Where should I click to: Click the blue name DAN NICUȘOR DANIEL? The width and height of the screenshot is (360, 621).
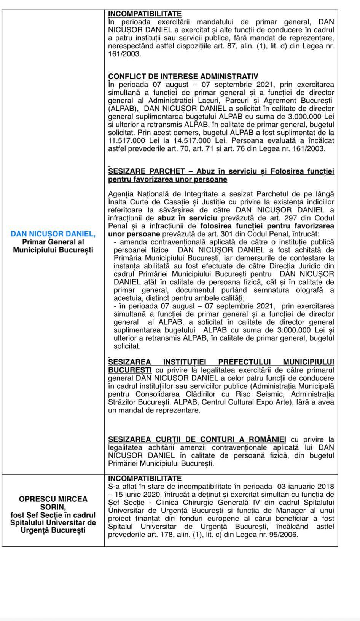tap(53, 234)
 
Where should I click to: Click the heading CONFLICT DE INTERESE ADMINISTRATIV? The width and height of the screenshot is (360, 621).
tap(183, 77)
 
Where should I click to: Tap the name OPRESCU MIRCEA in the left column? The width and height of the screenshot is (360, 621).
tap(53, 499)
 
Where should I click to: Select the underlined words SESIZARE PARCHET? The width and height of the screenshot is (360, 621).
tap(147, 171)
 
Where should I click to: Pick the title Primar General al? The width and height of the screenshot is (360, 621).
tap(53, 242)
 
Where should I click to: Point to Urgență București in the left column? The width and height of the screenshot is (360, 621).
tap(53, 530)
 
